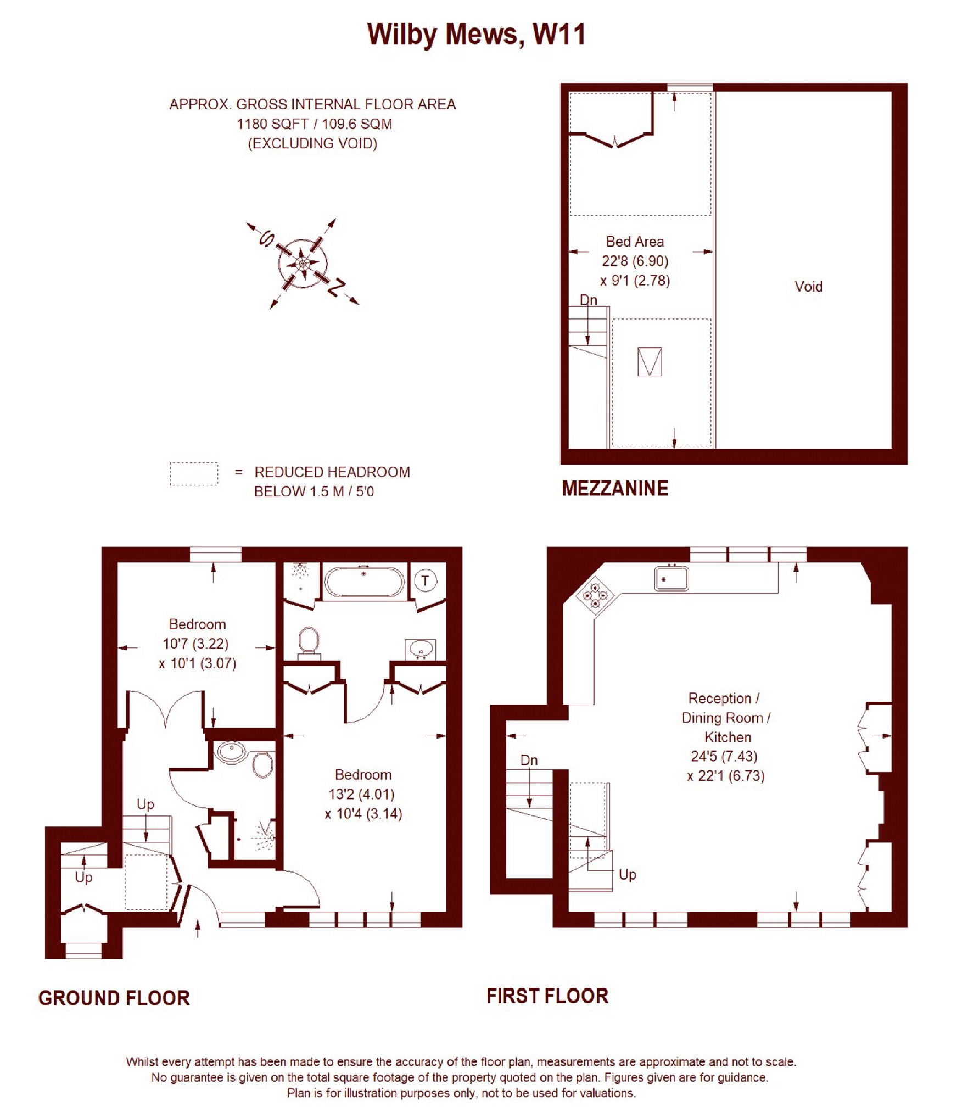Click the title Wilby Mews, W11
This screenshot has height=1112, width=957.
pos(476,34)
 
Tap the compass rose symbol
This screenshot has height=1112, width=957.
pos(303,264)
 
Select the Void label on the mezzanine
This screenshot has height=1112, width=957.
pos(808,286)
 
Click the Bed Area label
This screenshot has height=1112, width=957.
pos(635,242)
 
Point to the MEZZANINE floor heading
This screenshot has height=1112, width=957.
pos(615,488)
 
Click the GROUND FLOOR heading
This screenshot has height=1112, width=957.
pos(114,998)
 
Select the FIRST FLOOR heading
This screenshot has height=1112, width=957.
pos(547,996)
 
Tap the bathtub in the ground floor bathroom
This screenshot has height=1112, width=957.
pos(364,581)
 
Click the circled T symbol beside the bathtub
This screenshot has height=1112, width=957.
pos(425,580)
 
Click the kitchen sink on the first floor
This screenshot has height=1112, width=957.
pos(671,579)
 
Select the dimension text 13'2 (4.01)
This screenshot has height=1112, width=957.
pos(361,794)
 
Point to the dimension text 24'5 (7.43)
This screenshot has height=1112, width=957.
pos(724,756)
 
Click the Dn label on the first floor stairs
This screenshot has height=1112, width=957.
pos(529,760)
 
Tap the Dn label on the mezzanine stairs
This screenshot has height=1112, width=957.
pos(589,300)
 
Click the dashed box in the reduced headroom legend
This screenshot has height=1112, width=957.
pos(193,474)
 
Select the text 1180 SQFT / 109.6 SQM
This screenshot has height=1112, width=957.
pos(314,124)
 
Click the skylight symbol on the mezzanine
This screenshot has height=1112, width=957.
pos(650,361)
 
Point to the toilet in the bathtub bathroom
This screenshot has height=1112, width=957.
pos(309,642)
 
